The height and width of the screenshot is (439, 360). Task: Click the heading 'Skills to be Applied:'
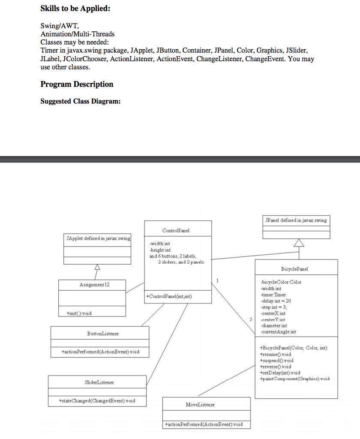tap(75, 9)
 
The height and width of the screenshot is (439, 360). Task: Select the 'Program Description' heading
tap(77, 84)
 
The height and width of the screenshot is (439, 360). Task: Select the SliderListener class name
tap(99, 382)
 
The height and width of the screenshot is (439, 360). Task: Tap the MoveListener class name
tap(200, 404)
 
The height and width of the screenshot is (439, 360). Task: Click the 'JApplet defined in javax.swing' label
tap(98, 238)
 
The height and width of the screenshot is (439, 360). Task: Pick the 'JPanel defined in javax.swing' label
tap(296, 220)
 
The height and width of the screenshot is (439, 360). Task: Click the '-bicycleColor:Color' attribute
tap(281, 282)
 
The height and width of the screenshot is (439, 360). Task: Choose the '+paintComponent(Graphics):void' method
tap(295, 379)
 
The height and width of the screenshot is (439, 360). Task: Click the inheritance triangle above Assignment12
tap(97, 268)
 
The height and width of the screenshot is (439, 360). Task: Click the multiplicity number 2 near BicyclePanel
tap(251, 320)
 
